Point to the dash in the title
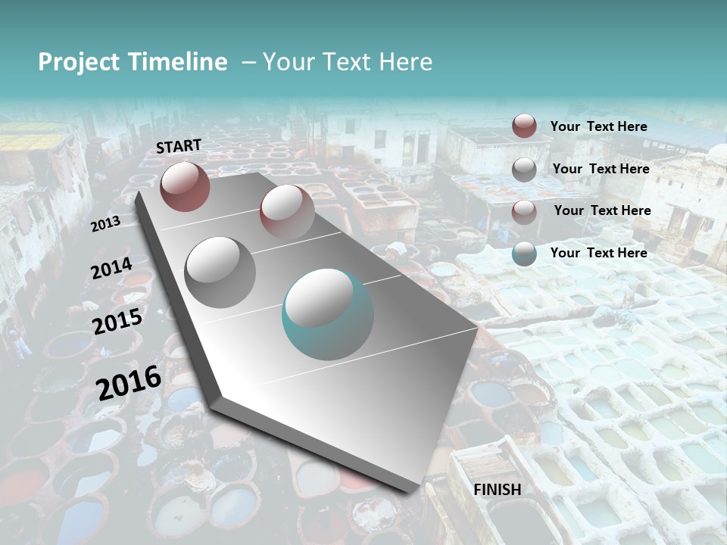point(248,62)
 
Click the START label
point(179,146)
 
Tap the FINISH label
point(497,490)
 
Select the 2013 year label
point(105,224)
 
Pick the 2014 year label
point(111,269)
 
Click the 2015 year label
point(117,322)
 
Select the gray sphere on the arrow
point(220,272)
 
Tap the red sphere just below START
point(185,185)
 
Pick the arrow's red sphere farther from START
point(287,211)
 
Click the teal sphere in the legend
point(524,254)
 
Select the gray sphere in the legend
point(524,170)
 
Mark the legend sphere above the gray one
point(524,126)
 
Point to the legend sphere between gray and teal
point(524,211)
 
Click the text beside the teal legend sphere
point(598,253)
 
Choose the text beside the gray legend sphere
point(601,169)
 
